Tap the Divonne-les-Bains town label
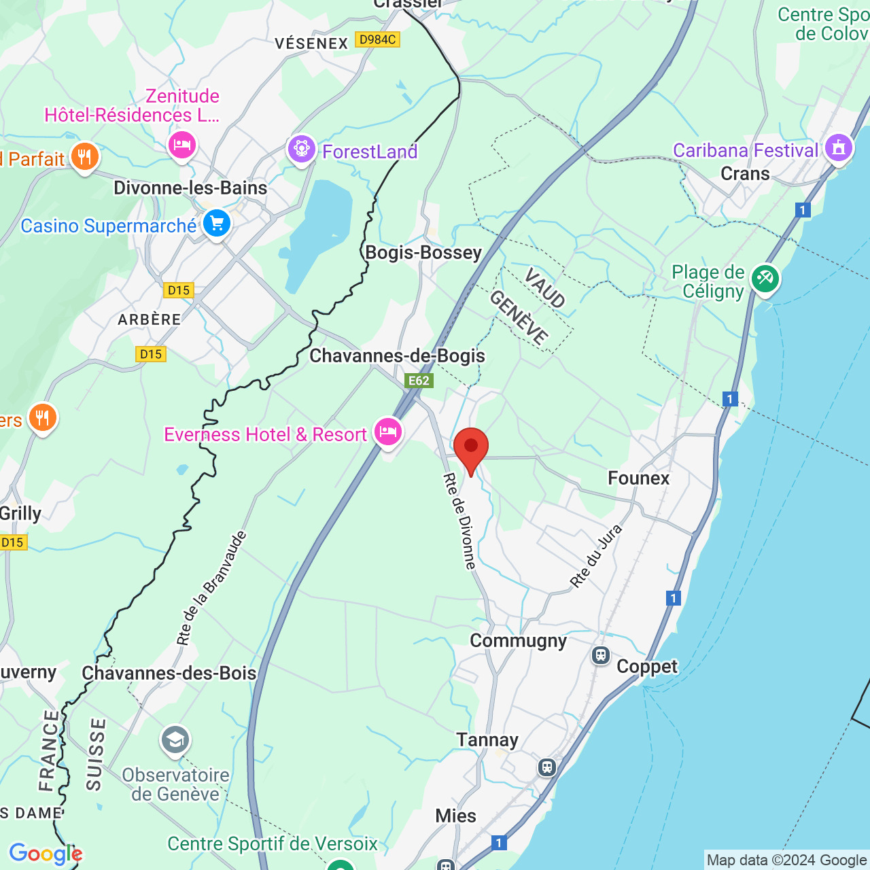click(190, 188)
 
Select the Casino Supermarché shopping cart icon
click(217, 222)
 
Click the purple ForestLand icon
click(302, 148)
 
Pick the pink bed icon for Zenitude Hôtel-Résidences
click(182, 145)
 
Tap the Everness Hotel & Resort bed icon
click(388, 431)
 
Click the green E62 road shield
click(419, 381)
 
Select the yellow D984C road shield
click(377, 39)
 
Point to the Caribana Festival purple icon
click(839, 147)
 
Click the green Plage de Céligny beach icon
click(765, 277)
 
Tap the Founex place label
click(639, 478)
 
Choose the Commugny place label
click(518, 641)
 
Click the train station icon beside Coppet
click(601, 655)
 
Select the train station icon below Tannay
click(547, 768)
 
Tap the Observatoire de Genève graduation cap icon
click(175, 739)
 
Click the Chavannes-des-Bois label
click(169, 674)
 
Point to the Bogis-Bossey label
click(423, 253)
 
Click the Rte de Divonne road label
click(461, 521)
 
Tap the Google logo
click(46, 854)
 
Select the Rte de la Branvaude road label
click(211, 588)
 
